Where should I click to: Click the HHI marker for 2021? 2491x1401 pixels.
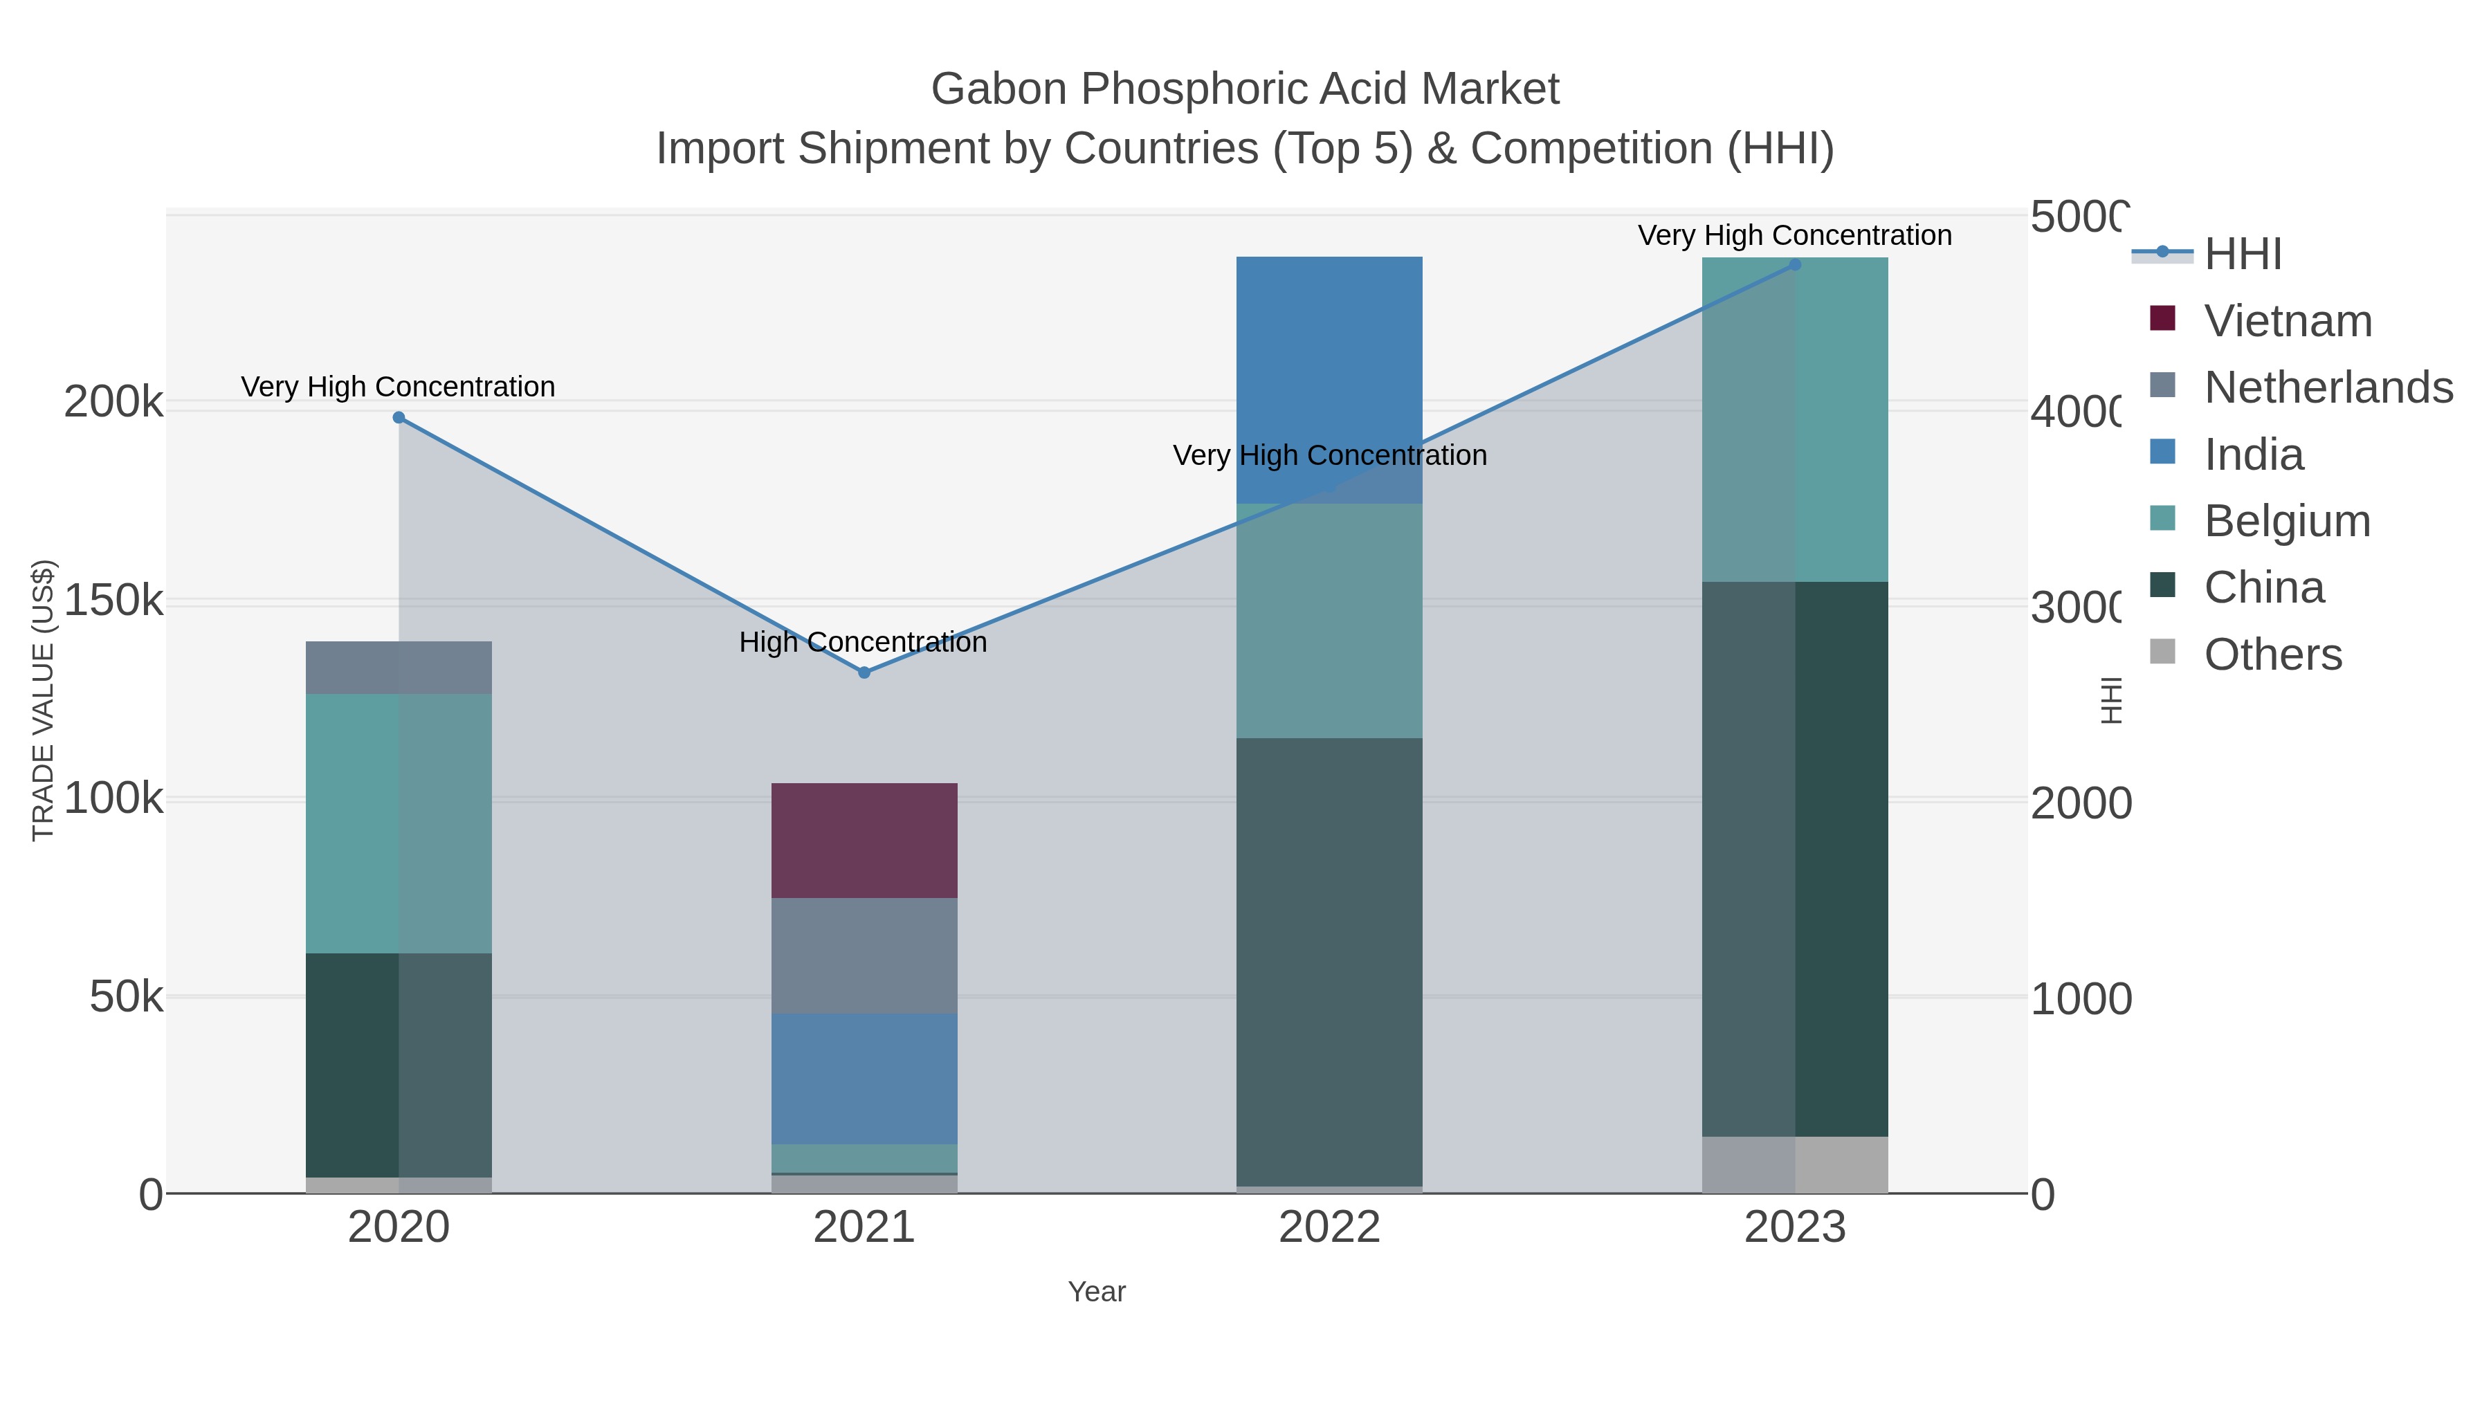pyautogui.click(x=864, y=672)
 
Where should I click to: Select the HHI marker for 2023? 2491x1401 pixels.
pyautogui.click(x=1795, y=265)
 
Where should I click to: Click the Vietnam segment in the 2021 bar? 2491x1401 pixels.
pyautogui.click(x=864, y=840)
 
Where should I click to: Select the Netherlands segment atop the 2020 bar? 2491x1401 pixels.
pyautogui.click(x=399, y=667)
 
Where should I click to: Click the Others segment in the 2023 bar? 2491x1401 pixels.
pyautogui.click(x=1795, y=1164)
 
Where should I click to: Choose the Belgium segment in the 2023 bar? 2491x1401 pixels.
pyautogui.click(x=1795, y=419)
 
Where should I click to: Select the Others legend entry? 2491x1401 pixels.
pyautogui.click(x=2272, y=654)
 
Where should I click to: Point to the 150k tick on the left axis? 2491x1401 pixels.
pyautogui.click(x=114, y=601)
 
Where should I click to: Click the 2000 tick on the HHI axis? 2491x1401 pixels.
pyautogui.click(x=2079, y=803)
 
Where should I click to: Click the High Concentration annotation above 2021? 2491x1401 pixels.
pyautogui.click(x=863, y=642)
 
